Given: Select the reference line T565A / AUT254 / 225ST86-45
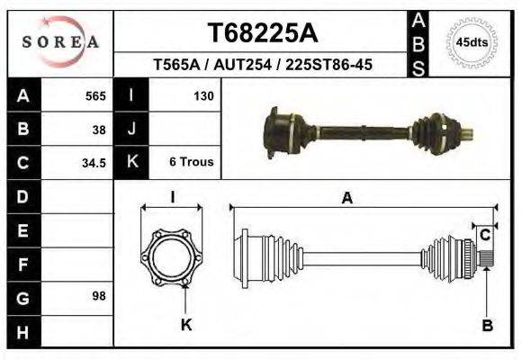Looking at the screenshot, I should [x=262, y=65].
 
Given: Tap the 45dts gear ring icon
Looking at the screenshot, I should [x=472, y=42].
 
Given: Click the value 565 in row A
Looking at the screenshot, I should [x=95, y=95].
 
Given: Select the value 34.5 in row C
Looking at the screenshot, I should [x=94, y=163].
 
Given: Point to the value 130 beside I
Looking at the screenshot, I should [x=202, y=95].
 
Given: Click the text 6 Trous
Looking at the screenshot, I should [x=191, y=163].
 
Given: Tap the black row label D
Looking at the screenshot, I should [x=22, y=196].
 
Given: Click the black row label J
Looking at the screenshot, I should [x=131, y=129].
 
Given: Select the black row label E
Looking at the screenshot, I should [x=22, y=229].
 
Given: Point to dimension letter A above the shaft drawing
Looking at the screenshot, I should [x=346, y=199].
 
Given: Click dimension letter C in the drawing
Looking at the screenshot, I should [x=485, y=236].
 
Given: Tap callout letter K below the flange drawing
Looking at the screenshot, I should [x=186, y=325].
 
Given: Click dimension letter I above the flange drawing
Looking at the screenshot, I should [x=173, y=197].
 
